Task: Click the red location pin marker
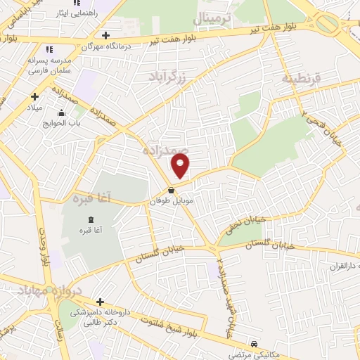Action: click(x=181, y=167)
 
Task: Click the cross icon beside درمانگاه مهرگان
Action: click(x=105, y=34)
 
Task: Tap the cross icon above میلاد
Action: click(x=34, y=96)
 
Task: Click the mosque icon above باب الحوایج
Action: click(x=63, y=112)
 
